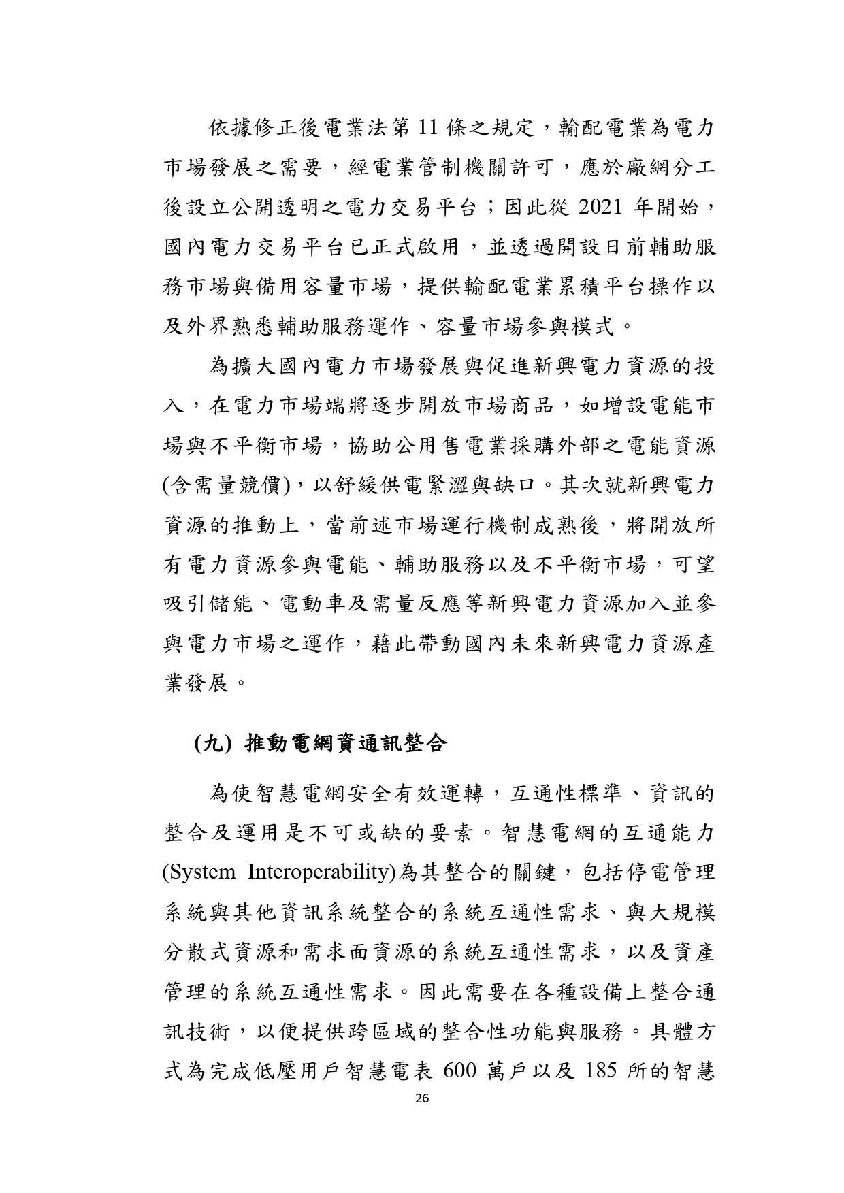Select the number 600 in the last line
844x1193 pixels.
461,1071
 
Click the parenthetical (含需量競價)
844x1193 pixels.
227,486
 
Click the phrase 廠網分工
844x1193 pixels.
653,167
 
